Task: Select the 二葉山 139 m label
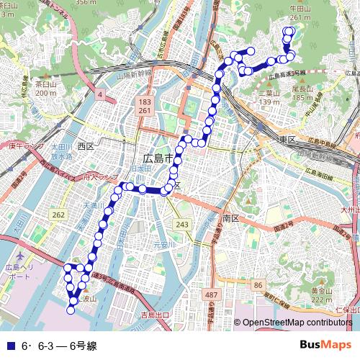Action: pyautogui.click(x=269, y=97)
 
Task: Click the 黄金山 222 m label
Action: pyautogui.click(x=321, y=294)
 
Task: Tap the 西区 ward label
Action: pyautogui.click(x=86, y=146)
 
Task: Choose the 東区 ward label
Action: pyautogui.click(x=289, y=138)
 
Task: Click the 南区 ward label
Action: pyautogui.click(x=230, y=217)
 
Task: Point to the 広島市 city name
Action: pyautogui.click(x=158, y=158)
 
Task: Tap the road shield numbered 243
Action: pyautogui.click(x=183, y=225)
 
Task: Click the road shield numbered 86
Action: pyautogui.click(x=258, y=287)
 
